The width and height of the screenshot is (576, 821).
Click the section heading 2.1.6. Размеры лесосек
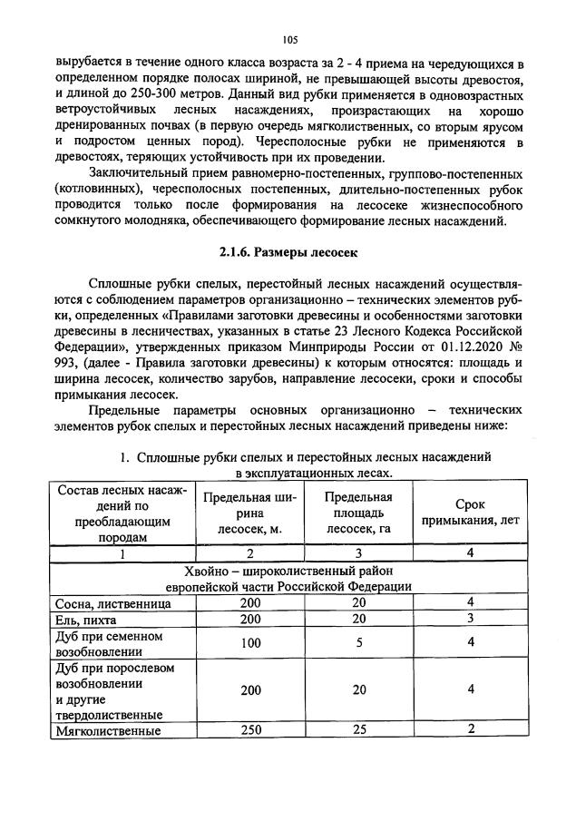coord(288,253)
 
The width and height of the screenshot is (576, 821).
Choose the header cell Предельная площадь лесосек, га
coord(357,513)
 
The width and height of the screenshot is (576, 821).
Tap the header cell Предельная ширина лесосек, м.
coord(245,513)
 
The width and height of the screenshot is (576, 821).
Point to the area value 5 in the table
coord(358,643)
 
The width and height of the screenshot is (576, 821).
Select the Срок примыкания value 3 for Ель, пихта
coord(470,619)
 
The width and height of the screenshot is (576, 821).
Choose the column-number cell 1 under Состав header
coord(121,552)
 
